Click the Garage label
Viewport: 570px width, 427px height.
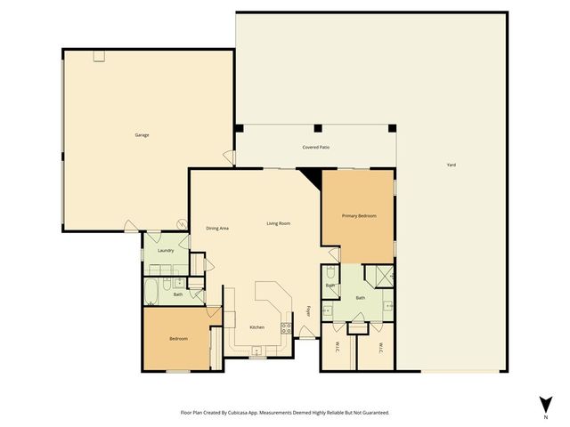click(x=142, y=135)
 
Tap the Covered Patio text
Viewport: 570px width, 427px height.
click(x=316, y=147)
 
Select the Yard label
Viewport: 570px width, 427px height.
click(x=452, y=165)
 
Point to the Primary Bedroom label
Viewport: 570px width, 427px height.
click(x=359, y=216)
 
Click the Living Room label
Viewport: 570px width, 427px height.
click(x=279, y=223)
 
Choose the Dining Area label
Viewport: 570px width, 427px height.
click(x=218, y=229)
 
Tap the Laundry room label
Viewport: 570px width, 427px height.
click(x=165, y=251)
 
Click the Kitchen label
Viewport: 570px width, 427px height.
click(x=256, y=327)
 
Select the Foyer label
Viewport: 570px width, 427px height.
click(x=309, y=311)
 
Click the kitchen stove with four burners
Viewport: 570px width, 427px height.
click(x=288, y=326)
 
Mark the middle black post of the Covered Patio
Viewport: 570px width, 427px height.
click(x=317, y=129)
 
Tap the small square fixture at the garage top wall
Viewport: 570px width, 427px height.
click(x=100, y=55)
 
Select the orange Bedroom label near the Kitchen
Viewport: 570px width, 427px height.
click(x=177, y=339)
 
